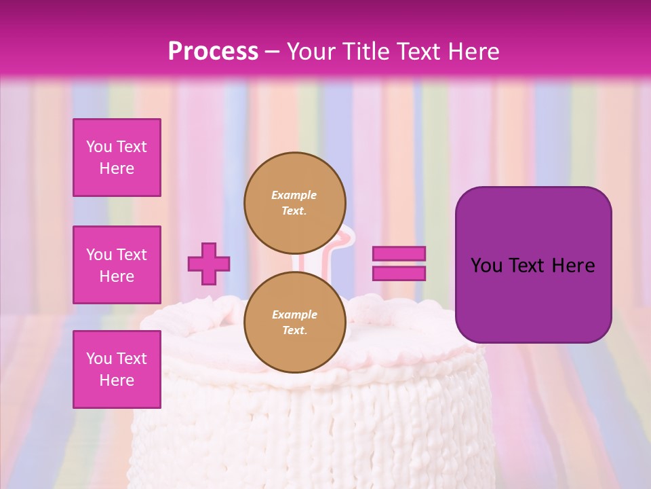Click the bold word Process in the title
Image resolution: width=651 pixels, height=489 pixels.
coord(213,52)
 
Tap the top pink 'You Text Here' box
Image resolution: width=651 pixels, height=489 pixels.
coord(117,158)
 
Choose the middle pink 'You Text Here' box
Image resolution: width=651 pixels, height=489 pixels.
coord(117,265)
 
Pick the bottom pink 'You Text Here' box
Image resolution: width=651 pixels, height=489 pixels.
coord(117,369)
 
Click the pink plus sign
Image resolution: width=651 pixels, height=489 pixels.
coord(209,264)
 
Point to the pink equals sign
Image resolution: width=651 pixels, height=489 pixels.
coord(399,264)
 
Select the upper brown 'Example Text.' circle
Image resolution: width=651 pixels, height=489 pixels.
coord(295,202)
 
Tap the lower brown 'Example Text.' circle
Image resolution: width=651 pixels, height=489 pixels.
coord(295,322)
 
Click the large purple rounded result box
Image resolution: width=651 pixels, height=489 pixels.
coord(533,265)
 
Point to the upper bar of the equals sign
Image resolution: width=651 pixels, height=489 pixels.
coord(399,254)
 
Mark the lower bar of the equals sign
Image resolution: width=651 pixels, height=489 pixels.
coord(399,273)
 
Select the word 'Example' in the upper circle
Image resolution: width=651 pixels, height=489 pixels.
coord(294,195)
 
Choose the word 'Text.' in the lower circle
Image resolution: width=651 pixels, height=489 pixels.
coord(295,331)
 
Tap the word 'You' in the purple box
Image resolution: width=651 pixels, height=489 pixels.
coord(486,266)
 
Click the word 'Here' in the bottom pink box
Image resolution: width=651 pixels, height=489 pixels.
coord(117,380)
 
